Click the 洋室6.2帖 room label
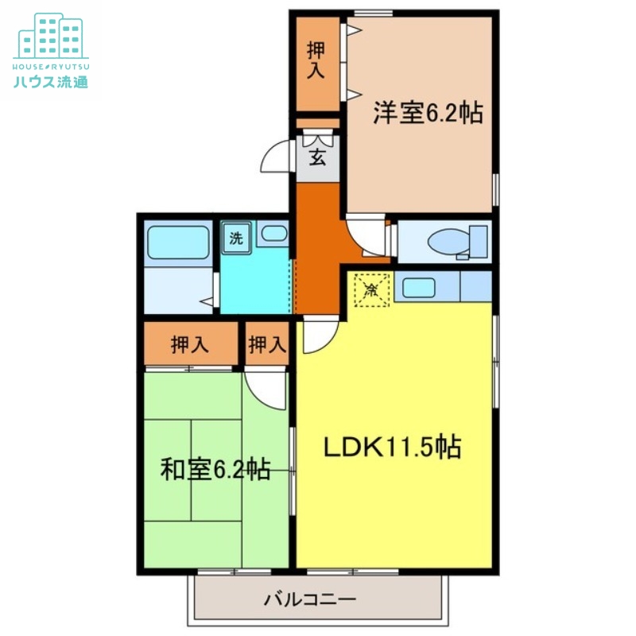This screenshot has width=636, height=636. [x=429, y=114]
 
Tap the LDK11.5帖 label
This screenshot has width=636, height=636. [x=392, y=448]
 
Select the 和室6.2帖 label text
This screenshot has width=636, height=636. [x=215, y=470]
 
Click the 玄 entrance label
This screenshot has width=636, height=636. [x=317, y=157]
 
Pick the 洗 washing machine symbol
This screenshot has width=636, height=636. [x=236, y=237]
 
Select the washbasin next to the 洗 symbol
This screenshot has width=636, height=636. [x=273, y=234]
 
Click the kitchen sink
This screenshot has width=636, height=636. [x=418, y=286]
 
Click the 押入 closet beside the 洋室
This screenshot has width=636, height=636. [x=316, y=64]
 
